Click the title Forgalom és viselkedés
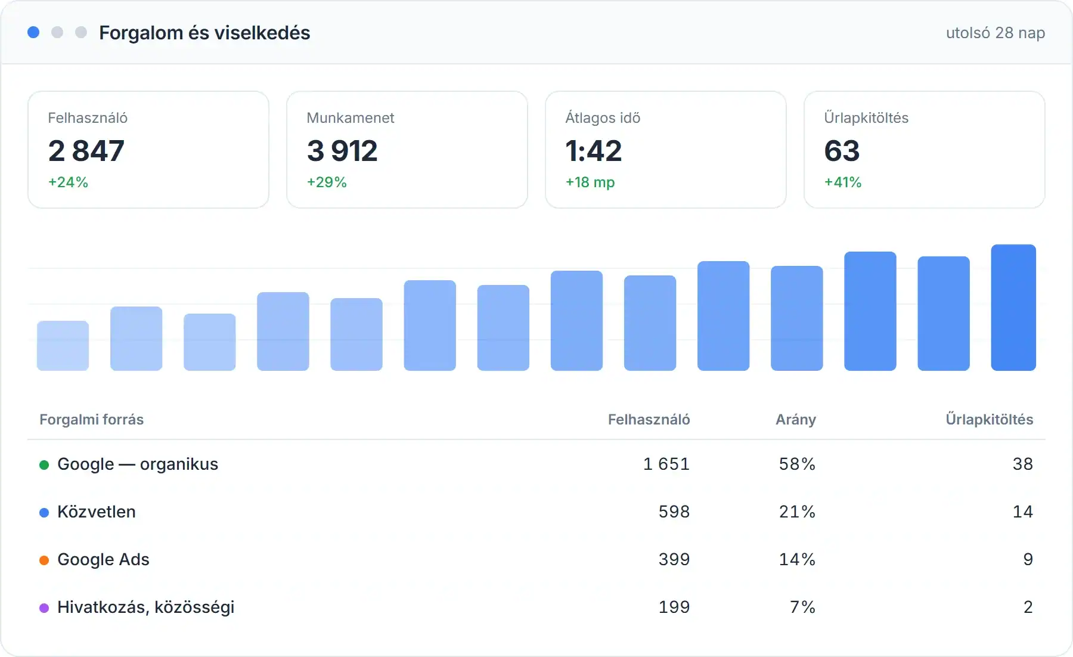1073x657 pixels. tap(204, 33)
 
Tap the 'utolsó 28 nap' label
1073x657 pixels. tap(996, 33)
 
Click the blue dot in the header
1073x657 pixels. tap(33, 32)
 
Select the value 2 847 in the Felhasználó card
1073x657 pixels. tap(86, 150)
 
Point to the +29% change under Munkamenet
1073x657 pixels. tap(327, 182)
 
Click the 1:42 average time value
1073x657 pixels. tap(594, 150)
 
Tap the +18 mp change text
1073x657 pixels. tap(590, 182)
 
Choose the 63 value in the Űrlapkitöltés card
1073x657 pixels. tap(842, 150)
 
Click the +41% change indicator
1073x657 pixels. tap(843, 182)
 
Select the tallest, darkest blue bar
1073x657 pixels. tap(1013, 308)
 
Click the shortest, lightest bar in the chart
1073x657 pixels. tap(63, 346)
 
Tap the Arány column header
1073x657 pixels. tap(796, 420)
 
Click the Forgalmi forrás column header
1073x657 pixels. tap(92, 420)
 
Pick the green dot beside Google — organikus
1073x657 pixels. tap(44, 465)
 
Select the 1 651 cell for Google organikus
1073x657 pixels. tap(666, 464)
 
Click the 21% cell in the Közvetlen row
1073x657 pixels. tap(798, 512)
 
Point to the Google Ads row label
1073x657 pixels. tap(103, 559)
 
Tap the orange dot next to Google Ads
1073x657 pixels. tap(44, 560)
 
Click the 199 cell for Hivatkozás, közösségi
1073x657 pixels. tap(674, 607)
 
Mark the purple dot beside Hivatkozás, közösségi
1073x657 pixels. tap(44, 608)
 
